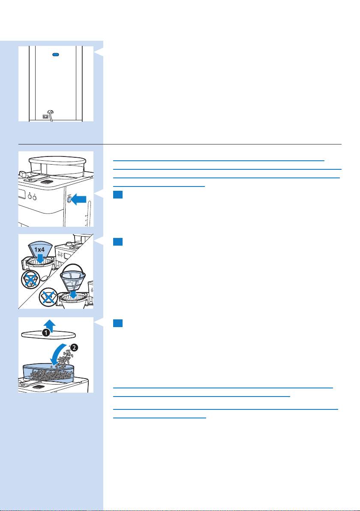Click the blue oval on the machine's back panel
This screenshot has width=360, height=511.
pos(56,55)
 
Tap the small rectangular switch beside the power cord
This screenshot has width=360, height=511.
pos(44,116)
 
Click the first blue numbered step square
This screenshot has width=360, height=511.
pos(118,195)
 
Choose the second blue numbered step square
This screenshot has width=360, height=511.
pos(118,242)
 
